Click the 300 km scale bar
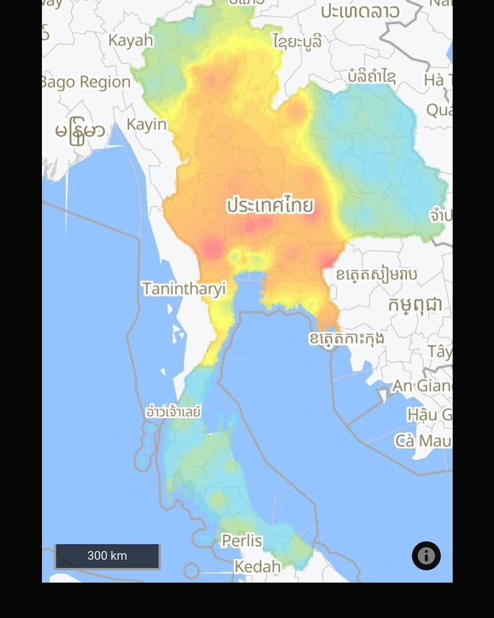[107, 556]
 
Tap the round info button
[426, 556]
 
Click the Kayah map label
[131, 41]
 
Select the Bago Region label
[86, 82]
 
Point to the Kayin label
[146, 124]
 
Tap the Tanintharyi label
[183, 289]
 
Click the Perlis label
[241, 541]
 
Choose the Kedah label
[257, 566]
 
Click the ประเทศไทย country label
[270, 205]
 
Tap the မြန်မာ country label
[80, 132]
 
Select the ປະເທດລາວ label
[359, 11]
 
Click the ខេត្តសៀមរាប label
[376, 274]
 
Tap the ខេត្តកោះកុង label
[346, 338]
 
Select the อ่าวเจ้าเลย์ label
[173, 411]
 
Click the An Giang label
[422, 386]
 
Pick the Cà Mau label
[423, 441]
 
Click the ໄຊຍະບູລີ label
[297, 41]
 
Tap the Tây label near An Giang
[439, 352]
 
